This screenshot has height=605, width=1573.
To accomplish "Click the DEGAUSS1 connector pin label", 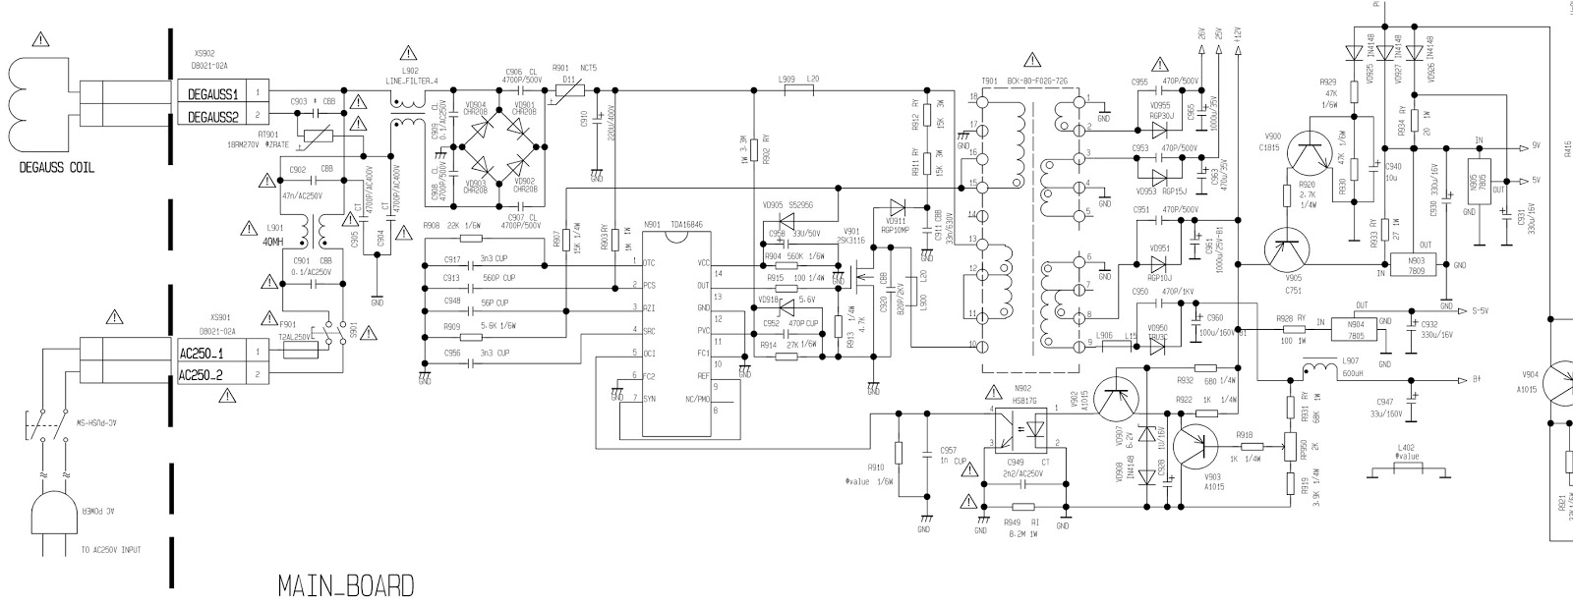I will [x=207, y=92].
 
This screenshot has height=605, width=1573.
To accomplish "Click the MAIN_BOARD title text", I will [x=345, y=587].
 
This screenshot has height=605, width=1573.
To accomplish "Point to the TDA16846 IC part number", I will [x=687, y=224].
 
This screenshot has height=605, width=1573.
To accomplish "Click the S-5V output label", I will [x=1479, y=310].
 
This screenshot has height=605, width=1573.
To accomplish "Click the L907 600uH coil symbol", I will [x=1314, y=370].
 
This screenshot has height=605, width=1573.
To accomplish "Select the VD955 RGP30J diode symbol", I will [x=1159, y=128].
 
